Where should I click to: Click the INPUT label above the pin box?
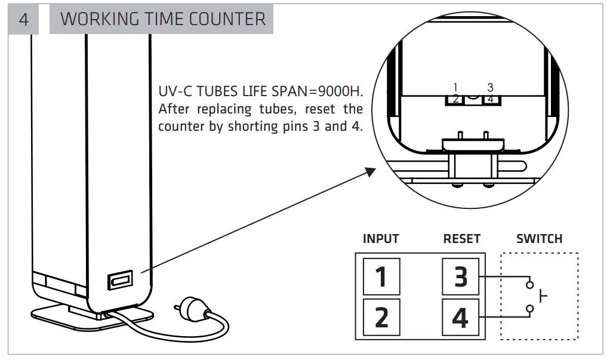pyautogui.click(x=381, y=239)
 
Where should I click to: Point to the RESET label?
pyautogui.click(x=461, y=239)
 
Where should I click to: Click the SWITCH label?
pyautogui.click(x=539, y=239)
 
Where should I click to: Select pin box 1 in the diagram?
pyautogui.click(x=381, y=276)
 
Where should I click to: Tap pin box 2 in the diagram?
pyautogui.click(x=381, y=317)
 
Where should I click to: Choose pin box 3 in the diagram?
pyautogui.click(x=460, y=276)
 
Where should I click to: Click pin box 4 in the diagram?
pyautogui.click(x=460, y=317)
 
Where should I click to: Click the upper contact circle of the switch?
pyautogui.click(x=529, y=285)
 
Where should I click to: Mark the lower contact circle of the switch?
pyautogui.click(x=529, y=309)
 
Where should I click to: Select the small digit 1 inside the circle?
pyautogui.click(x=455, y=87)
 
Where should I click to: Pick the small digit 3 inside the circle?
pyautogui.click(x=490, y=87)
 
